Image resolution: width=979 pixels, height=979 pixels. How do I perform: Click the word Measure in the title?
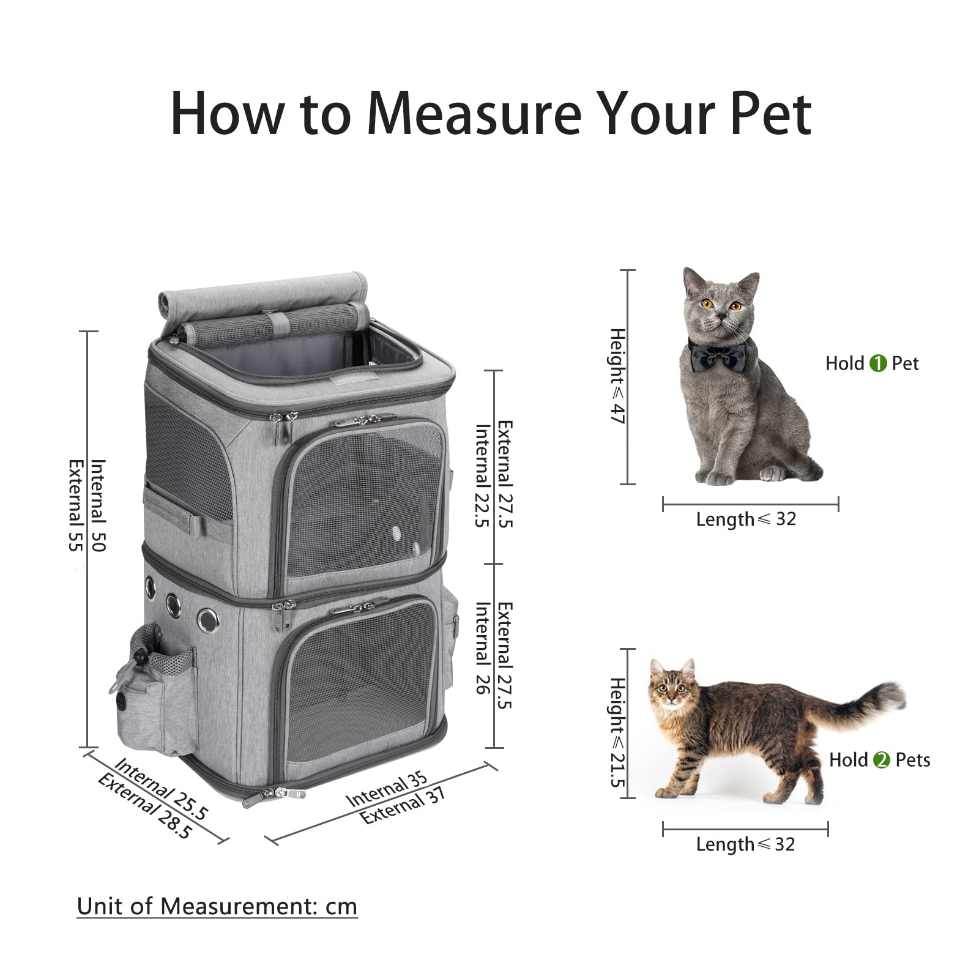(x=474, y=114)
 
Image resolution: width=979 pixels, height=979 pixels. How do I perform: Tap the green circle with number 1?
(x=877, y=363)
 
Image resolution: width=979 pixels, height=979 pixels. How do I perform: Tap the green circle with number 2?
(x=881, y=760)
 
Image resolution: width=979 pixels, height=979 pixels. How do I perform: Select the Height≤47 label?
(x=617, y=376)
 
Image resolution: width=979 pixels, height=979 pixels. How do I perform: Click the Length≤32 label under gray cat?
(x=746, y=519)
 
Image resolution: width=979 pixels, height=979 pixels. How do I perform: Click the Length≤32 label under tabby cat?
(x=745, y=844)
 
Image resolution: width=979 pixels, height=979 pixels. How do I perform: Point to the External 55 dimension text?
(x=76, y=505)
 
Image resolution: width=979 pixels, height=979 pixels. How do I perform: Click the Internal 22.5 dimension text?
(x=483, y=475)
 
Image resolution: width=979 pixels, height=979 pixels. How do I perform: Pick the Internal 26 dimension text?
(x=483, y=648)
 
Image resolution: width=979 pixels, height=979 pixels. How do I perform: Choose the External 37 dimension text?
(x=402, y=806)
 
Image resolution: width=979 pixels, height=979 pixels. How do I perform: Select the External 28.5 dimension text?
(x=145, y=806)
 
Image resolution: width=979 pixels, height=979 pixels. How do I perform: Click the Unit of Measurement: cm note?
(x=217, y=906)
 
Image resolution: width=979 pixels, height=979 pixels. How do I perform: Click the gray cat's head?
(x=720, y=300)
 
